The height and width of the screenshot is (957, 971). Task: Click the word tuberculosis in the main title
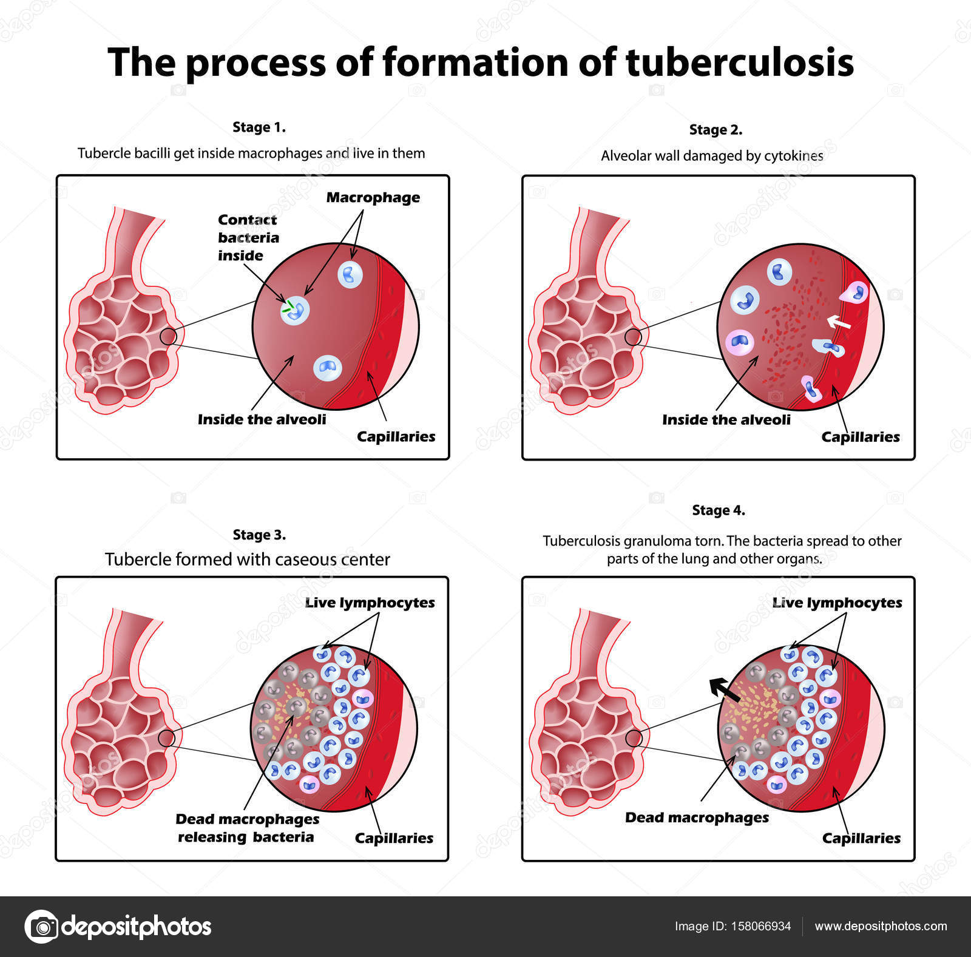click(x=739, y=63)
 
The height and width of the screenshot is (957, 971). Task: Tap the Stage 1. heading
click(x=259, y=127)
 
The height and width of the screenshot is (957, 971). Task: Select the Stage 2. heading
click(x=716, y=130)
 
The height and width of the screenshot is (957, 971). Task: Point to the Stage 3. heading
click(x=259, y=535)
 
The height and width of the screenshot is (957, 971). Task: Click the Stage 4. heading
click(x=719, y=510)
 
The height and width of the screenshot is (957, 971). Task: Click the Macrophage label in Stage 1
click(x=373, y=198)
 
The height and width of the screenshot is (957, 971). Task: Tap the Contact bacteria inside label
click(x=248, y=237)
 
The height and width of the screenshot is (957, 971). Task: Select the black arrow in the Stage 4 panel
click(x=725, y=690)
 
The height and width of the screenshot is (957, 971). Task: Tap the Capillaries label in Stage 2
click(x=860, y=437)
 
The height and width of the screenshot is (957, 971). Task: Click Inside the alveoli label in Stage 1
click(x=262, y=419)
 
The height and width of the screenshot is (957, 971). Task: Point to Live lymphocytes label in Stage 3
click(x=370, y=603)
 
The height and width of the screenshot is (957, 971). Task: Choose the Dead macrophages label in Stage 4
click(x=697, y=817)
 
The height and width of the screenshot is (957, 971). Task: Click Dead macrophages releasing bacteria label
click(x=246, y=828)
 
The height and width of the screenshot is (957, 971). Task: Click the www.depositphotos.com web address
click(x=881, y=926)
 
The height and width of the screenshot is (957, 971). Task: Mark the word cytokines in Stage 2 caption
click(x=793, y=156)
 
